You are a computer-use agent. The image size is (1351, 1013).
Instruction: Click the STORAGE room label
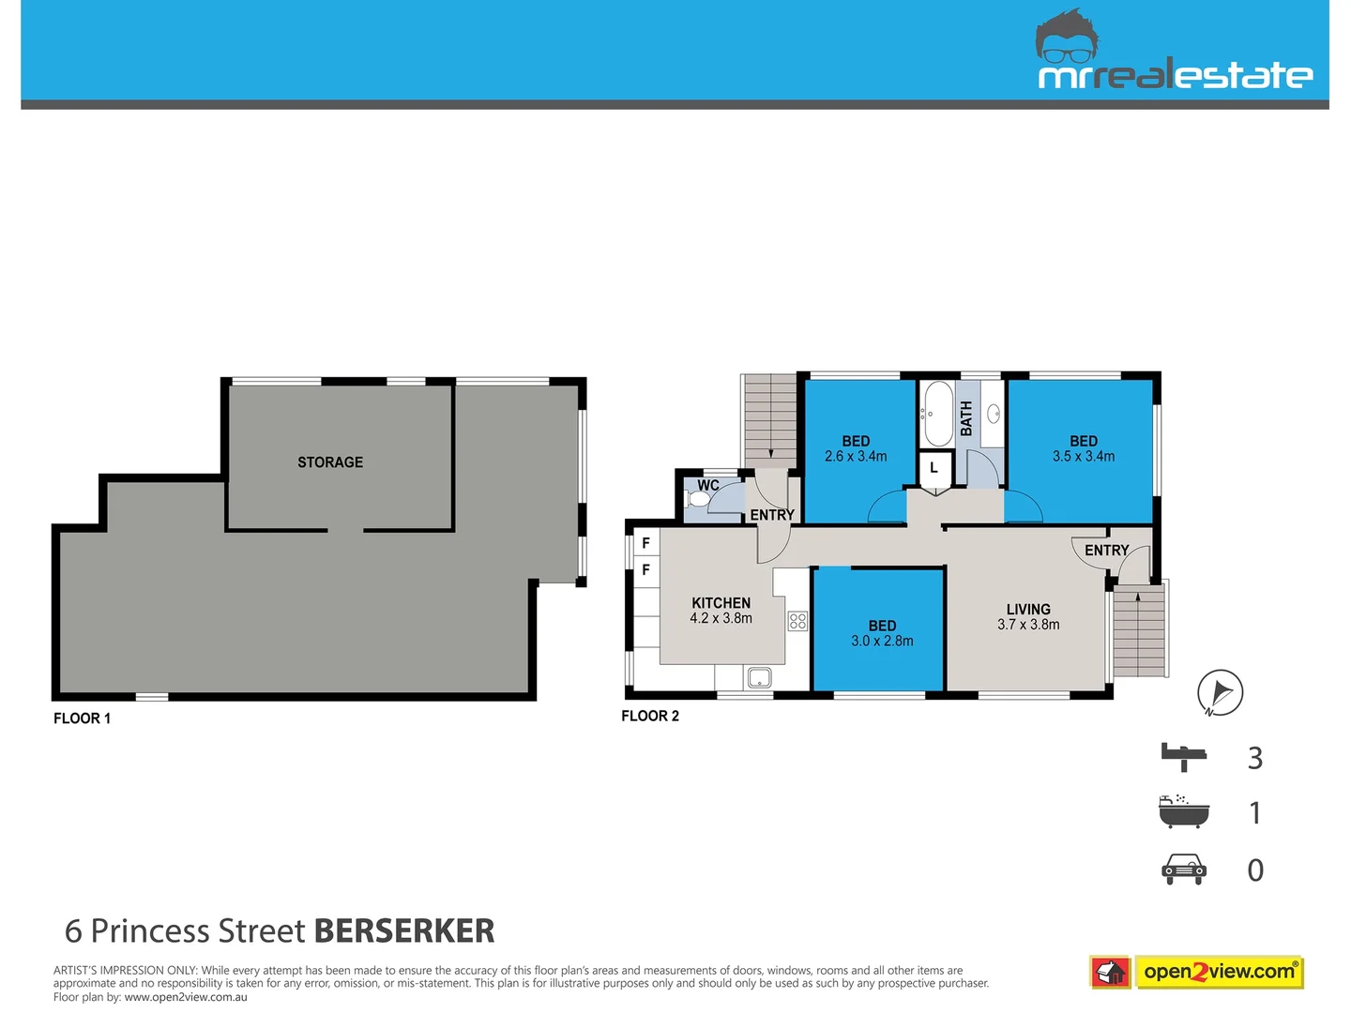tap(330, 462)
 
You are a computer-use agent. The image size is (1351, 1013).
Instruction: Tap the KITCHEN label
tap(721, 603)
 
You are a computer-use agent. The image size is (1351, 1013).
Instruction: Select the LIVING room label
tap(1028, 610)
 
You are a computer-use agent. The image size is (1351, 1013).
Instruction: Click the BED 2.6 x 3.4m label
tap(856, 448)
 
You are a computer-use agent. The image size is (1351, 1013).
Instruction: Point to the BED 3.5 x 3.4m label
tap(1084, 448)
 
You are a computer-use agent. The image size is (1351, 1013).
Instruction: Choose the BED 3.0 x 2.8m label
tap(882, 633)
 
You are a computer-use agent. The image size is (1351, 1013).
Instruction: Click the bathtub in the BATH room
tap(936, 414)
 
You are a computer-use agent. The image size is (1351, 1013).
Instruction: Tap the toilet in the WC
tap(698, 497)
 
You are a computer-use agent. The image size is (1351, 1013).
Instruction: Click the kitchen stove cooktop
tap(797, 620)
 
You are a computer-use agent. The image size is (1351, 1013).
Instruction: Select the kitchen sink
tap(758, 677)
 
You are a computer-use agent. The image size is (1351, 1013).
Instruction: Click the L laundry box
tap(934, 467)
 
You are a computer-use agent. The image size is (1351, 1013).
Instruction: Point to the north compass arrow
tap(1220, 693)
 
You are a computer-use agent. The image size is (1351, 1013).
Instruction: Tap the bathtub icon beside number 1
tap(1184, 812)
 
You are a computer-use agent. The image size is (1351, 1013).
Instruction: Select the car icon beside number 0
tap(1184, 869)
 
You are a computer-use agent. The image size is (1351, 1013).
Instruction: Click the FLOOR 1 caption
tap(83, 718)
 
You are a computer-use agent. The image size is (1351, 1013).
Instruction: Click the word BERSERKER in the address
tap(403, 930)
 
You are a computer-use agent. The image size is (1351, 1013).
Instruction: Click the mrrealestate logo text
tap(1175, 76)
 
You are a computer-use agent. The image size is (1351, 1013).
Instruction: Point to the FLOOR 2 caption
tap(650, 716)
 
